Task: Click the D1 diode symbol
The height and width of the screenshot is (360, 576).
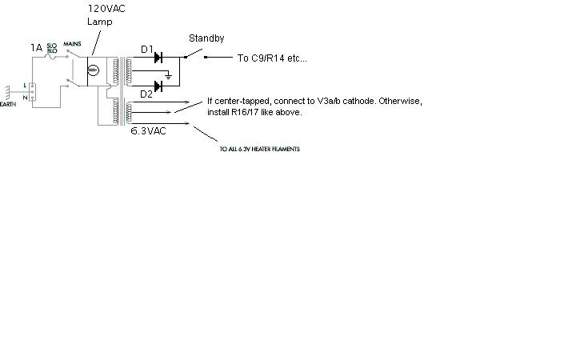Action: pos(158,58)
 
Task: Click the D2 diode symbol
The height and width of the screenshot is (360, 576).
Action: pos(158,84)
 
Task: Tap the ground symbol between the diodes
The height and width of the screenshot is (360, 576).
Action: pos(168,75)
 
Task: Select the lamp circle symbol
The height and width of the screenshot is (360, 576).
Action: pos(92,71)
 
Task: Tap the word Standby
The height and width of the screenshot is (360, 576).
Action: pos(206,38)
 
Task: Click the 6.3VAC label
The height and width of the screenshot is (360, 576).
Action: pos(148,130)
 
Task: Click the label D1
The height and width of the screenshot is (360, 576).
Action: pos(147,50)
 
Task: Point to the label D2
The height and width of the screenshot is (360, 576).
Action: pos(146,94)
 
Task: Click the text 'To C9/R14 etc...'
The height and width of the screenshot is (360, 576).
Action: pos(271,58)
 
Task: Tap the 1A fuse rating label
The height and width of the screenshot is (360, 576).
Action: pos(36,48)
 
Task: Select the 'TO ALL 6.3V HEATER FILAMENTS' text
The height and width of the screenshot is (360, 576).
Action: pos(259,150)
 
